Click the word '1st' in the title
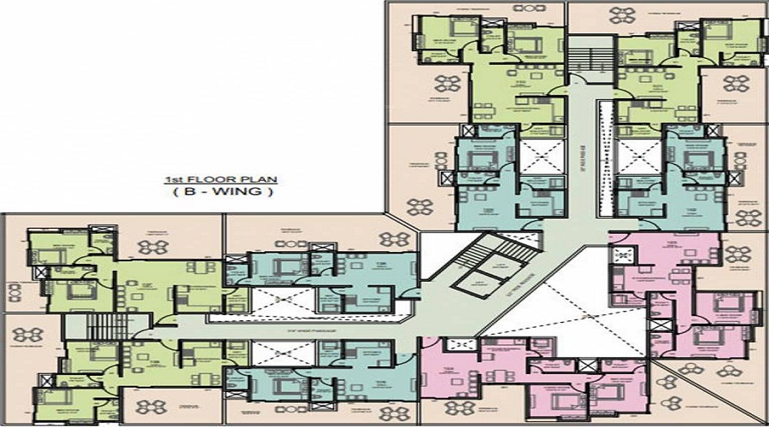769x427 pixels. point(171,181)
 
